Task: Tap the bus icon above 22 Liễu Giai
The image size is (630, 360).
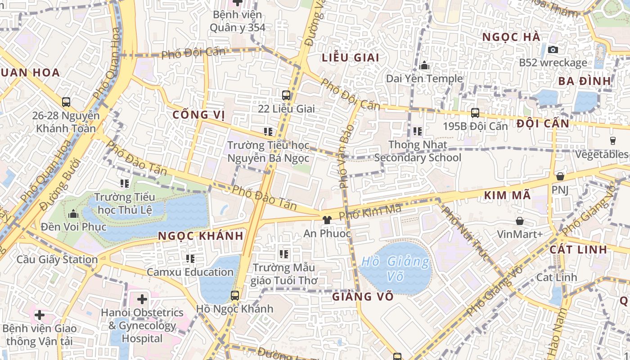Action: [286, 95]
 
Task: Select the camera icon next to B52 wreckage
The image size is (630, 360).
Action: [553, 49]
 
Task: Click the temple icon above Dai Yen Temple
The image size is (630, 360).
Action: [424, 66]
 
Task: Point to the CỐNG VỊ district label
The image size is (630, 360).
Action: [198, 115]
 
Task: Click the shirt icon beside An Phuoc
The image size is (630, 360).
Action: [327, 220]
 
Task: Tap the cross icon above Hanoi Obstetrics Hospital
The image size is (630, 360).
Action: [142, 298]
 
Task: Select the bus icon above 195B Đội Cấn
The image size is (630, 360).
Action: [475, 113]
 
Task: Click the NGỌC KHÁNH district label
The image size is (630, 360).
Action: [201, 236]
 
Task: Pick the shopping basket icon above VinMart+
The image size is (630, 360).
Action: [520, 221]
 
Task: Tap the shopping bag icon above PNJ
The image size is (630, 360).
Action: [560, 176]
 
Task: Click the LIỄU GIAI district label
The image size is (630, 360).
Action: [351, 58]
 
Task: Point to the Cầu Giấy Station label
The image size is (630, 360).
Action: [57, 260]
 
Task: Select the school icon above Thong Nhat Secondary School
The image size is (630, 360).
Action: [417, 131]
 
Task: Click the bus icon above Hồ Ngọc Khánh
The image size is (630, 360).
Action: [234, 296]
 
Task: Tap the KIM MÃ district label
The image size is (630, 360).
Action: [507, 196]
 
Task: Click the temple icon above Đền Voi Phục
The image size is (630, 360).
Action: [73, 213]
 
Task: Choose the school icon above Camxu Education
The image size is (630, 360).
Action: [190, 259]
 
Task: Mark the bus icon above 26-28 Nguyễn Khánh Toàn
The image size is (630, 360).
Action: [66, 102]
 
